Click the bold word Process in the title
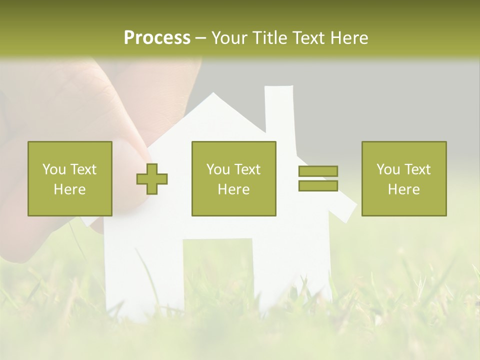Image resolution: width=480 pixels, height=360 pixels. pyautogui.click(x=157, y=38)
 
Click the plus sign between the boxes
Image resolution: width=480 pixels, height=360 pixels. pyautogui.click(x=152, y=179)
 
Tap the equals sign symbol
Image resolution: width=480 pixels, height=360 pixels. pyautogui.click(x=318, y=178)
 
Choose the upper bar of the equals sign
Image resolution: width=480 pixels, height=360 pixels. pyautogui.click(x=318, y=171)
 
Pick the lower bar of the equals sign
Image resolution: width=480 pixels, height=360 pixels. pyautogui.click(x=318, y=185)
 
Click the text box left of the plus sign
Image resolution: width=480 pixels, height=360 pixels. pyautogui.click(x=70, y=178)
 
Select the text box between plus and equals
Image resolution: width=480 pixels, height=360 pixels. pyautogui.click(x=233, y=178)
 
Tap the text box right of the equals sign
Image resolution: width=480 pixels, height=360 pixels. pyautogui.click(x=403, y=178)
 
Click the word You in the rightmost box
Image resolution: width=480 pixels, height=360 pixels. pyautogui.click(x=388, y=169)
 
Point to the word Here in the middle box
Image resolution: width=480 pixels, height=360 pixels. pyautogui.click(x=233, y=189)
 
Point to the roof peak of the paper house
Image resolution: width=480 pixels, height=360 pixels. pyautogui.click(x=213, y=95)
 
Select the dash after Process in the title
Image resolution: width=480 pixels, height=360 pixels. pyautogui.click(x=201, y=38)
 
